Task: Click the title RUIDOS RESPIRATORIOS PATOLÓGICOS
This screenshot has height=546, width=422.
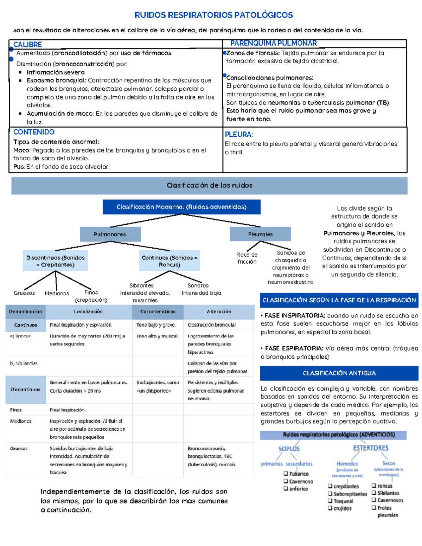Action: [213, 15]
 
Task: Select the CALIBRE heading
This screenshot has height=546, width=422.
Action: [27, 45]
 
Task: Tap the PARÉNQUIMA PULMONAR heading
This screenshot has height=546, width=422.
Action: [273, 43]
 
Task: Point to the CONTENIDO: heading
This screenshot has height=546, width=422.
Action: [34, 132]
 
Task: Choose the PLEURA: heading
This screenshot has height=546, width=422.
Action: [239, 134]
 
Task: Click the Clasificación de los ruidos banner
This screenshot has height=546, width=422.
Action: [209, 185]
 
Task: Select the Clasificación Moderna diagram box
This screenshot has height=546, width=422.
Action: [181, 207]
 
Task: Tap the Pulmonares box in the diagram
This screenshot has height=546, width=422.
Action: [110, 234]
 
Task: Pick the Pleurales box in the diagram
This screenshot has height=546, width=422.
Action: [260, 234]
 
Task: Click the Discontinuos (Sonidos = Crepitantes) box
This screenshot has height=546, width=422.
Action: [55, 261]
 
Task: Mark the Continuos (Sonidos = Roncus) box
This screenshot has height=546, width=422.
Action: [170, 261]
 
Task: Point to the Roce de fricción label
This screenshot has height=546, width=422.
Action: [247, 258]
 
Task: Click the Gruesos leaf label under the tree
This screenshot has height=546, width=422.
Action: [24, 293]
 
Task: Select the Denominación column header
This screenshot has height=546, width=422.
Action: [25, 311]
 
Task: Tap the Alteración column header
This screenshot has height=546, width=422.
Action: [219, 311]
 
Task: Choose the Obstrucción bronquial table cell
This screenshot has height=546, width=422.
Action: [212, 325]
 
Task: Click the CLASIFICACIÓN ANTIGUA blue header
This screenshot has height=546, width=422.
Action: [339, 373]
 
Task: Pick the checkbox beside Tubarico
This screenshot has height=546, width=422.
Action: [286, 474]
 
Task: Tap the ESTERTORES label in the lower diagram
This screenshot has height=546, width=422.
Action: [371, 448]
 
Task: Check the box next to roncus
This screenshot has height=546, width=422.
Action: [374, 486]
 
